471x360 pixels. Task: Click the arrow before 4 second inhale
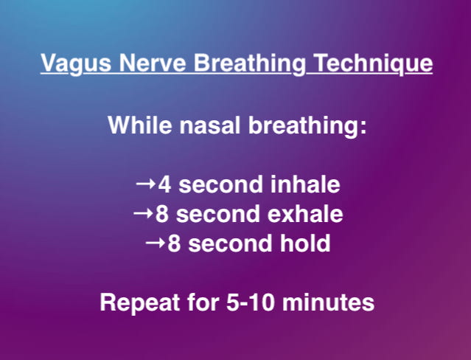146,184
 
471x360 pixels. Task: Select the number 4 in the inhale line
164,184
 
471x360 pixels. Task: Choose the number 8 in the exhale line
161,215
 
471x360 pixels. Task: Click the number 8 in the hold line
173,244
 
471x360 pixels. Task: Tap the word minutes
335,303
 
